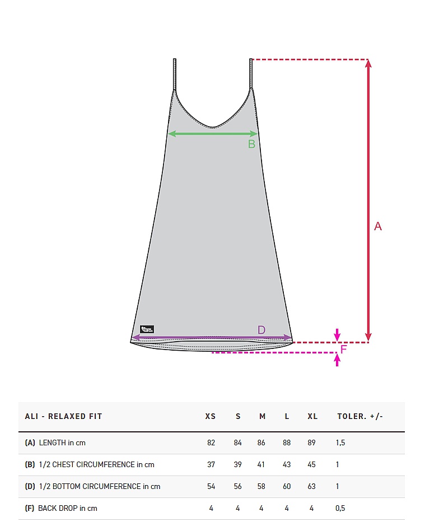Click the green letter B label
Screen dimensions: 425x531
tap(251, 145)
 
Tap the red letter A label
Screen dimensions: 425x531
tap(378, 226)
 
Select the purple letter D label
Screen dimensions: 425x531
tap(261, 330)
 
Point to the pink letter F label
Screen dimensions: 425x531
tap(343, 349)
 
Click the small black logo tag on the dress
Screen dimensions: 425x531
tap(147, 329)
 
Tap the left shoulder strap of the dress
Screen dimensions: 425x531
tap(175, 74)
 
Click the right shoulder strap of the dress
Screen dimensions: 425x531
tap(251, 74)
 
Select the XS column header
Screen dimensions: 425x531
tap(211, 416)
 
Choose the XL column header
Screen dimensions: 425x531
tap(312, 416)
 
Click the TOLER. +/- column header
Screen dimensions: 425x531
tap(360, 416)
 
